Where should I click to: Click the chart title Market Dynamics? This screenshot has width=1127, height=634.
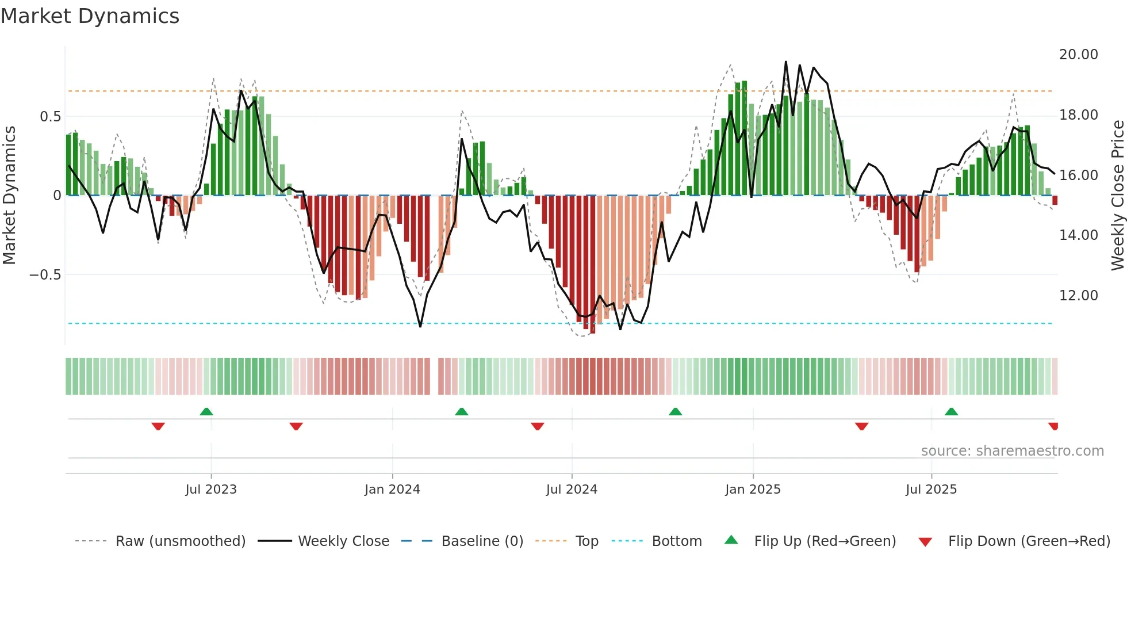point(90,16)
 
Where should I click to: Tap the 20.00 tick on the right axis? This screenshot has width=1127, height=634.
point(1078,55)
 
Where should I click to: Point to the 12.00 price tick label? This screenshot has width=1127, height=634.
point(1078,296)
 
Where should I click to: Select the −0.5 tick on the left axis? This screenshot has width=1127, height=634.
point(45,274)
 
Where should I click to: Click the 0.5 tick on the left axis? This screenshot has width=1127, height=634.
point(50,117)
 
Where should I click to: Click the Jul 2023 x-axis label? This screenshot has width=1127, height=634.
point(211,490)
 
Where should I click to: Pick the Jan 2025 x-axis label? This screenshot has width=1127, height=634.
point(753,490)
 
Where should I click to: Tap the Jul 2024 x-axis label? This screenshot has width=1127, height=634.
point(572,490)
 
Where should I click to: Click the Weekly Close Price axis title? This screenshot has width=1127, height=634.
point(1117,196)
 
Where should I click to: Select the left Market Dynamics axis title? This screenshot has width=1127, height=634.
point(9,196)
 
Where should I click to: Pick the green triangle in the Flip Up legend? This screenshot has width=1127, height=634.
point(731,540)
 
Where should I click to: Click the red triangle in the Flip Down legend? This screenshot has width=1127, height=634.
point(925,542)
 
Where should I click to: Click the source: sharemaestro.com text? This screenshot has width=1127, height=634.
point(1012,451)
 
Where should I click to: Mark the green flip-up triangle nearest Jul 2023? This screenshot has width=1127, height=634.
point(206,411)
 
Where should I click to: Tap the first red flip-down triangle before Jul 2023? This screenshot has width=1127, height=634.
point(158,426)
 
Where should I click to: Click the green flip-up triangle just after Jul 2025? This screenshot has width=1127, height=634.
point(951,411)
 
